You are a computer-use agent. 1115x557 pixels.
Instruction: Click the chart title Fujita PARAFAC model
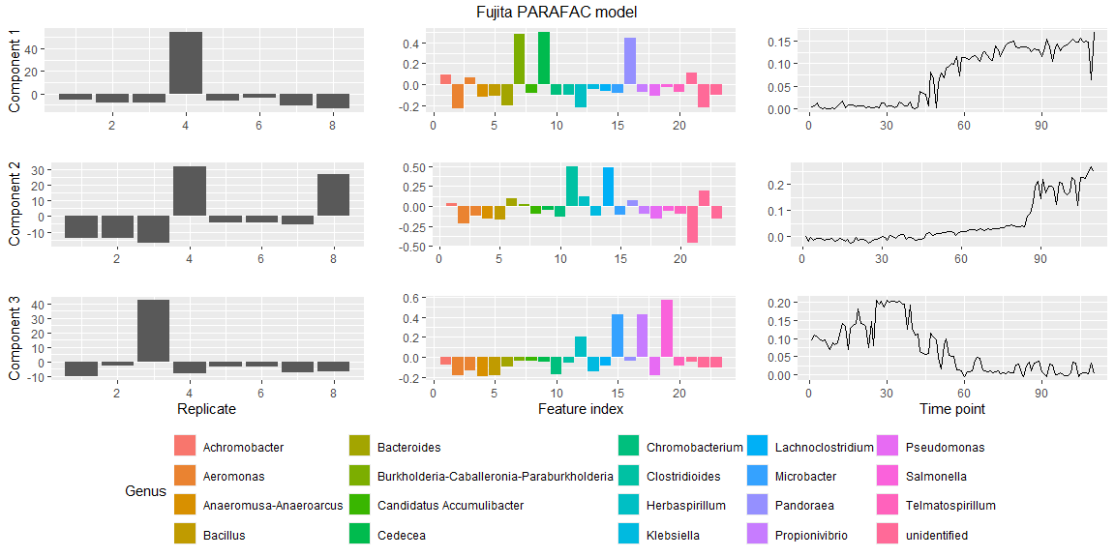point(557,12)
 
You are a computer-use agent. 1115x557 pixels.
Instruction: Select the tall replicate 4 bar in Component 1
point(186,63)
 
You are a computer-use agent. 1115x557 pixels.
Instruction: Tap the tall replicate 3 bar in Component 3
point(153,331)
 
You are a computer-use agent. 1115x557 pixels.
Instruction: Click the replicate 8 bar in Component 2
point(333,194)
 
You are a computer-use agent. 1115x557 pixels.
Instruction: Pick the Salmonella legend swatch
point(888,476)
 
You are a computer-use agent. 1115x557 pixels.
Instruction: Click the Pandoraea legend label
point(804,505)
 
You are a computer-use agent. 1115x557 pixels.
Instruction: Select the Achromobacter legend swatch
point(185,447)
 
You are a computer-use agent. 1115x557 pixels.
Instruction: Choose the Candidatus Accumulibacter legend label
point(450,505)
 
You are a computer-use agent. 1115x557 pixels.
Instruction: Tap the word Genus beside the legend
point(145,491)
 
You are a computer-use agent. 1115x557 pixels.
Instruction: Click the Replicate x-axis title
point(206,409)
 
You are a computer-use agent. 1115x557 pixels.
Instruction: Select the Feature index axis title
point(578,409)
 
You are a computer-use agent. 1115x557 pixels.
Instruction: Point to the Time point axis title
point(952,409)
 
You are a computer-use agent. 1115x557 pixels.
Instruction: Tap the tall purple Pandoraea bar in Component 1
point(630,61)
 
